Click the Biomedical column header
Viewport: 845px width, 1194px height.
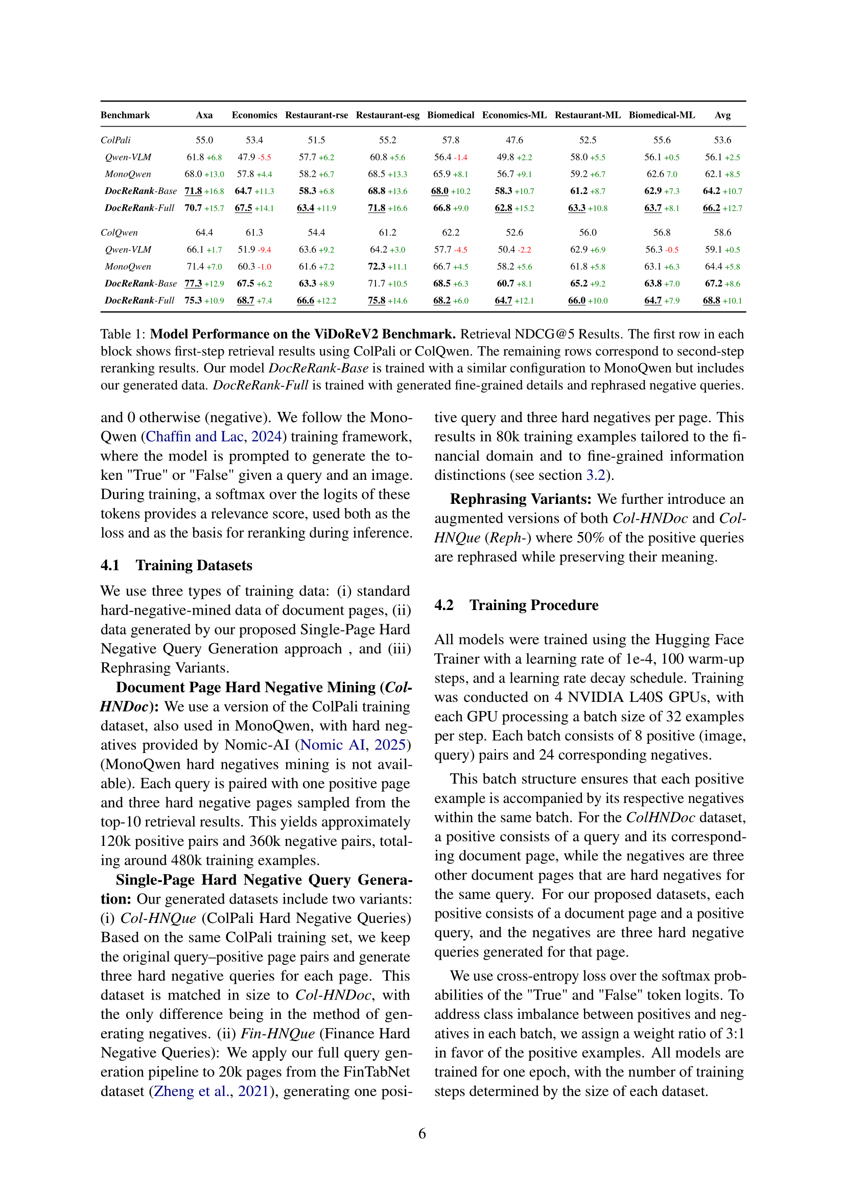pyautogui.click(x=450, y=115)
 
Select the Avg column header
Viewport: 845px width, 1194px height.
pyautogui.click(x=722, y=115)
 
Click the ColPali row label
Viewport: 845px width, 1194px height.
pyautogui.click(x=115, y=140)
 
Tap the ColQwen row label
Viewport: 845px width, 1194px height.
pyautogui.click(x=119, y=232)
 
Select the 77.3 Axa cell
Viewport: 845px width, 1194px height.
pyautogui.click(x=193, y=283)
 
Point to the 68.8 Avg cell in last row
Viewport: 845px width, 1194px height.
pyautogui.click(x=711, y=301)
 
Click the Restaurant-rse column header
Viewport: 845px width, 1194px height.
pyautogui.click(x=316, y=115)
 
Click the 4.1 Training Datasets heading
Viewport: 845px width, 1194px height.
pyautogui.click(x=176, y=565)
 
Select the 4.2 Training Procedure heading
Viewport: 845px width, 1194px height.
pyautogui.click(x=516, y=605)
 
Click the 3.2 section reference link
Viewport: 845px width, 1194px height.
pyautogui.click(x=596, y=475)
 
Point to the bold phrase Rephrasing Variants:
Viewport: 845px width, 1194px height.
pyautogui.click(x=520, y=499)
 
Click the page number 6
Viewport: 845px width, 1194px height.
pyautogui.click(x=422, y=1134)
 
